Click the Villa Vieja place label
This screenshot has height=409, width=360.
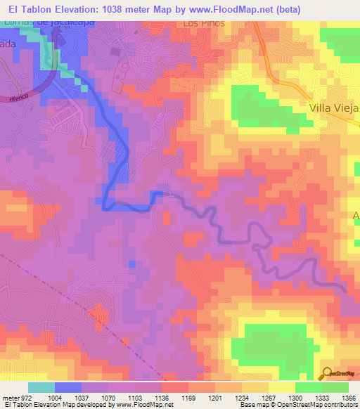[x=333, y=109]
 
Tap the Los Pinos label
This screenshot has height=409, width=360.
[x=204, y=23]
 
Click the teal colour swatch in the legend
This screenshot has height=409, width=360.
[x=41, y=387]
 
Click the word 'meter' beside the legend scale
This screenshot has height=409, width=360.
[x=9, y=398]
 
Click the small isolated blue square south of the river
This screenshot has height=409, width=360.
[x=131, y=264]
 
